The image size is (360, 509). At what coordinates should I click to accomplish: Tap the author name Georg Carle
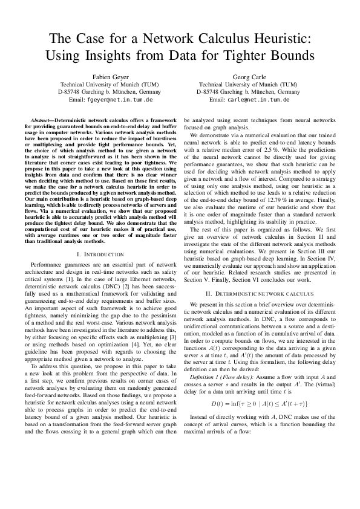(248, 77)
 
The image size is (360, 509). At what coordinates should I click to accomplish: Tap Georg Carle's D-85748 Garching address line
(248, 92)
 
